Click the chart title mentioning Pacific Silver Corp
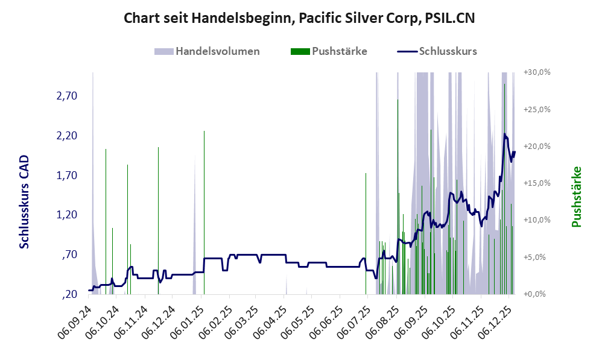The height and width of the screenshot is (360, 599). pyautogui.click(x=299, y=18)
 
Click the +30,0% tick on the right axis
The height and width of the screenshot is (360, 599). pyautogui.click(x=537, y=72)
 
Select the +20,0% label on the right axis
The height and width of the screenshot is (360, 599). pyautogui.click(x=537, y=147)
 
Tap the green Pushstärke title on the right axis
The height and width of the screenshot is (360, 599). pyautogui.click(x=577, y=197)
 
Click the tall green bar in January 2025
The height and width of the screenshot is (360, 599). pyautogui.click(x=204, y=211)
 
